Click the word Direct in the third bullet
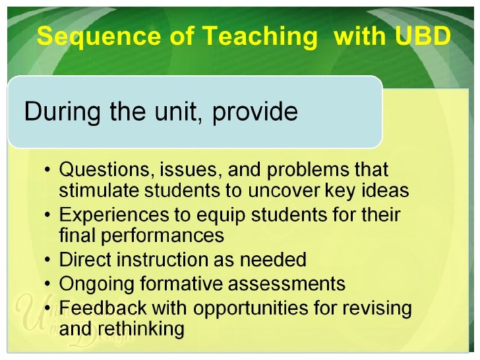(82, 260)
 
